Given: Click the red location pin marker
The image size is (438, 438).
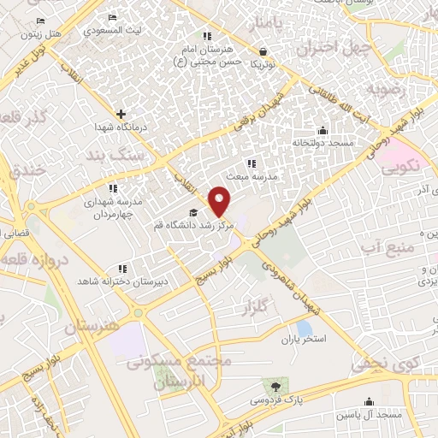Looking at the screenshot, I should point(221,201).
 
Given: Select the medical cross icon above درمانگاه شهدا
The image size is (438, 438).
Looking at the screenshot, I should point(121,113).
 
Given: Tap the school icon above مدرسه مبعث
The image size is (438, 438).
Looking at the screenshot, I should point(251,163).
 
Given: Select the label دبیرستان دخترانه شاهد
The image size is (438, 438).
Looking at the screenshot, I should point(123,281).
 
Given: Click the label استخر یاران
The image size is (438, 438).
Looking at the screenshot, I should point(305,340).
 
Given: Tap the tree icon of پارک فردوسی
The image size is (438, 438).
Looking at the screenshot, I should point(274,386).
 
